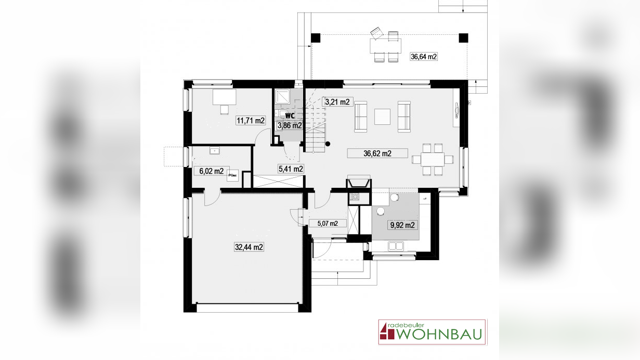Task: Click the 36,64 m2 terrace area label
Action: [x=423, y=57]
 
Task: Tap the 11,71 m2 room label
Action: [x=251, y=121]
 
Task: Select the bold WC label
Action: [x=290, y=115]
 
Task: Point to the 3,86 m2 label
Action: [x=290, y=125]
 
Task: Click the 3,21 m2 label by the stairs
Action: [x=337, y=102]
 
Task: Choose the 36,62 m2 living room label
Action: [x=377, y=153]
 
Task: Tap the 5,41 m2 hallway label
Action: [x=291, y=169]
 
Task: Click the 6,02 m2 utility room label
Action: [x=212, y=171]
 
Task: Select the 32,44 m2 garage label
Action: [x=249, y=247]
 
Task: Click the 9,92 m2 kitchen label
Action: [x=402, y=225]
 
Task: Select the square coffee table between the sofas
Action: [x=382, y=117]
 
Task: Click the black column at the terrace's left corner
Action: [x=316, y=37]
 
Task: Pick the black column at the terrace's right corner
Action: [x=463, y=37]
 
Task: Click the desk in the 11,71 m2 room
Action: [x=224, y=97]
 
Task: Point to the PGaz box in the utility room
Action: [x=232, y=176]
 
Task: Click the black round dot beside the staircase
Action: [x=328, y=144]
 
